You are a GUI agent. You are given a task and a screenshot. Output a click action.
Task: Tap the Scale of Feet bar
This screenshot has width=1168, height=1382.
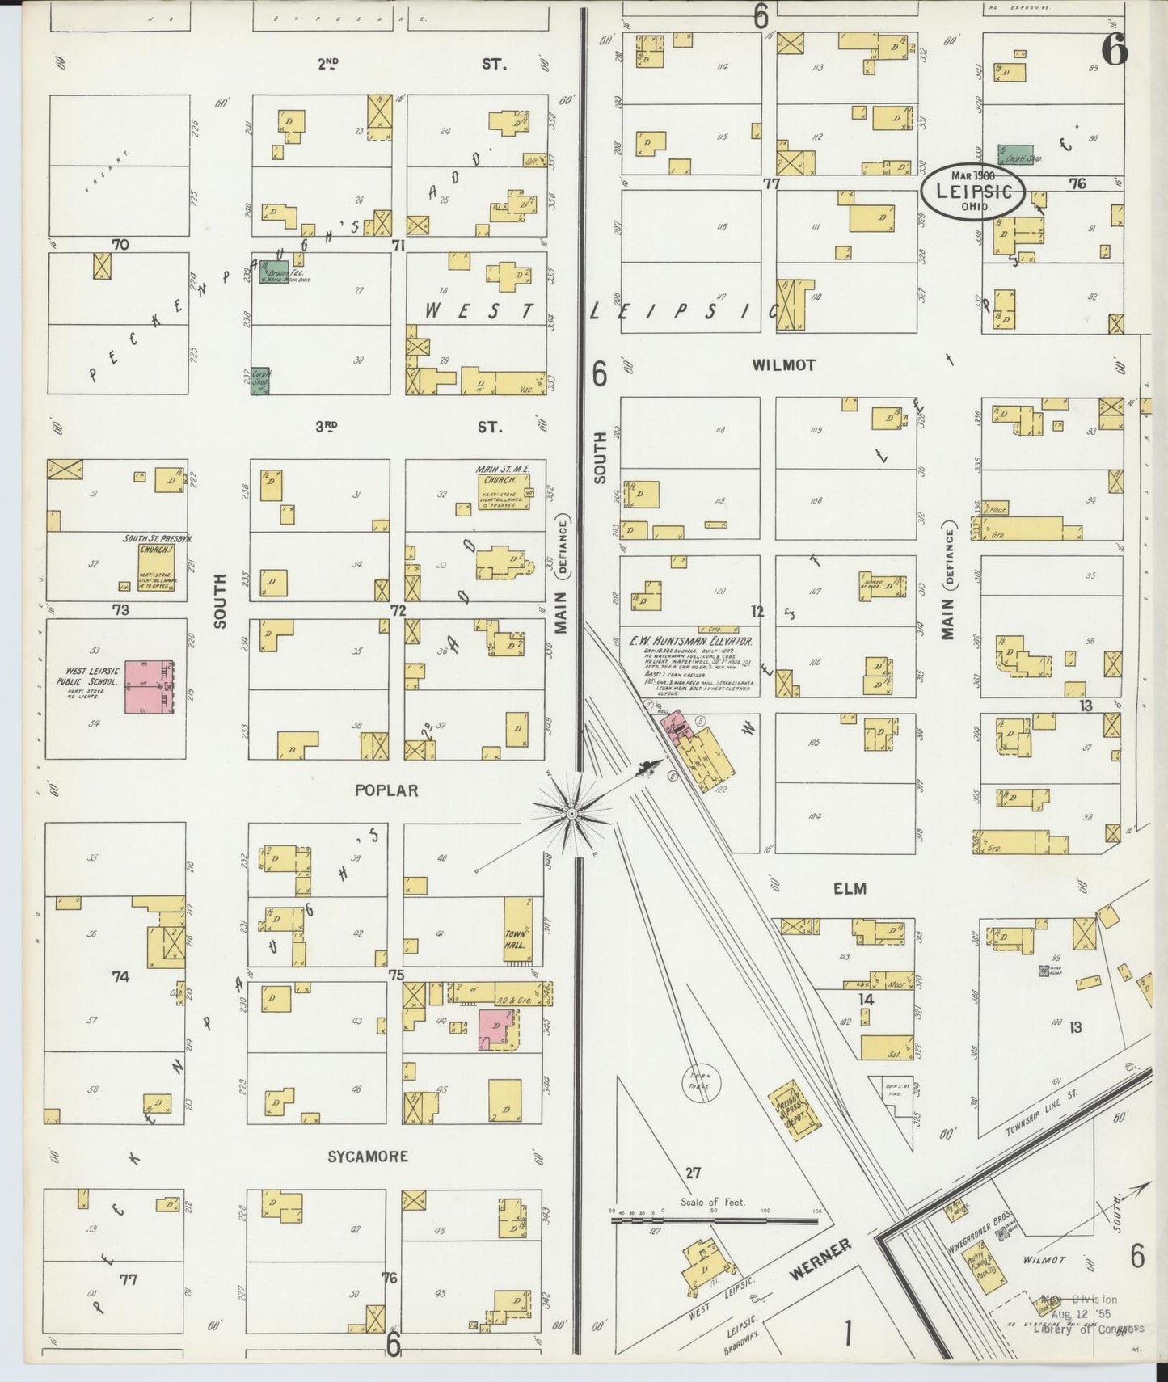pyautogui.click(x=715, y=1220)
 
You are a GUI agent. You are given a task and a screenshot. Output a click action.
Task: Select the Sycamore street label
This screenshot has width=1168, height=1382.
pyautogui.click(x=368, y=1157)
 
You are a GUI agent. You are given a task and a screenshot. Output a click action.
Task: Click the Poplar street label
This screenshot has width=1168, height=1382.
pyautogui.click(x=386, y=790)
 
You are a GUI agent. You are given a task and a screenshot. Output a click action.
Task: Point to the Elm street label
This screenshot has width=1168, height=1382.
pyautogui.click(x=850, y=888)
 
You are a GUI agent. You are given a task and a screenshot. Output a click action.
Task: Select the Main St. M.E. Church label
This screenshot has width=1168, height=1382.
pyautogui.click(x=498, y=471)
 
